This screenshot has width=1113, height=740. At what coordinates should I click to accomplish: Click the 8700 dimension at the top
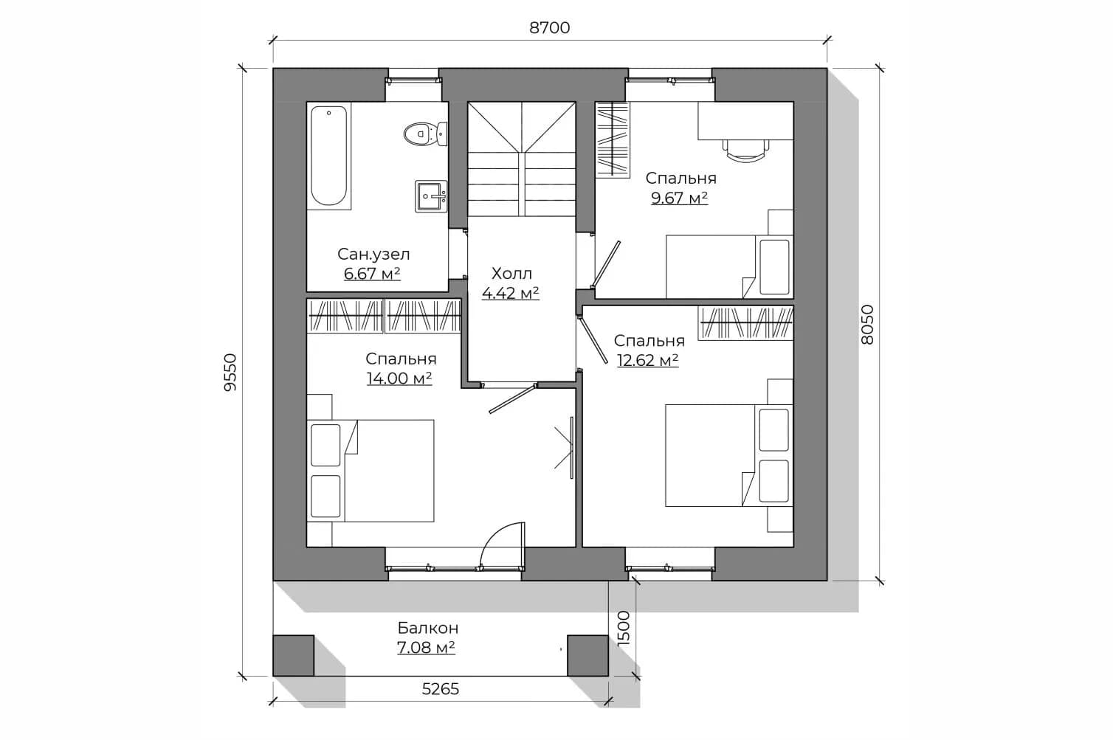(x=549, y=28)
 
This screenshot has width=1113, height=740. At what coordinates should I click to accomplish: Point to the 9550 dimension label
(x=230, y=373)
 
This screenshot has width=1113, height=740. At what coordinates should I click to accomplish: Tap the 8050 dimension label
(x=867, y=325)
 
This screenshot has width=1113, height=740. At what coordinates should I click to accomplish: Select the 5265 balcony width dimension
(x=440, y=689)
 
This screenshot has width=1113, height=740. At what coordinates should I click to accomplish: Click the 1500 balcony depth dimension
(x=623, y=628)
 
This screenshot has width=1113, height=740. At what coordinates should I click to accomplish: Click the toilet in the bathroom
(x=425, y=134)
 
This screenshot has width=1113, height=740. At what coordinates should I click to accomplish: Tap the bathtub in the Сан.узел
(x=329, y=156)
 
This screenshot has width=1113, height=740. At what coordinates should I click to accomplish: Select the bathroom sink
(x=431, y=196)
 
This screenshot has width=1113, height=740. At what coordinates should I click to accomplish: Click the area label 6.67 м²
(x=372, y=274)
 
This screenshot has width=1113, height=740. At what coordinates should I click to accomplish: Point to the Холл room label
(x=511, y=273)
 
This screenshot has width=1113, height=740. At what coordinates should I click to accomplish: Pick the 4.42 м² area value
(x=510, y=293)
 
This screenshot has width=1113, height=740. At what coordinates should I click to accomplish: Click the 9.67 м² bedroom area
(x=679, y=198)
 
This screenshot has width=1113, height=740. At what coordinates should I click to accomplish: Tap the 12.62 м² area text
(x=647, y=360)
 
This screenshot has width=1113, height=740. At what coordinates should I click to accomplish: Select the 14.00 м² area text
(x=399, y=378)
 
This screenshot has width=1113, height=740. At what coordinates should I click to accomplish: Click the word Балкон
(x=428, y=629)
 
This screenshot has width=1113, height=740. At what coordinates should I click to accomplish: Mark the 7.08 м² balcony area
(x=426, y=648)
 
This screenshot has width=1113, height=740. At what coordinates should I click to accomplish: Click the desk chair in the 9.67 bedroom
(x=745, y=150)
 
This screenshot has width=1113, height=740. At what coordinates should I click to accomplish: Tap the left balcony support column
(x=293, y=656)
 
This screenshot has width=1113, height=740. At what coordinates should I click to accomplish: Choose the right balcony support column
(x=587, y=656)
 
